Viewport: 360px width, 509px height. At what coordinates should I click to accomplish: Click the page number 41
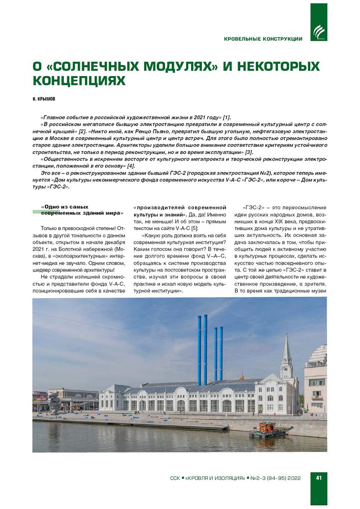(x=318, y=478)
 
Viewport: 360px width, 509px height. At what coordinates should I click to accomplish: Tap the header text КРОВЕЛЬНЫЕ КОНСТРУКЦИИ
(x=263, y=39)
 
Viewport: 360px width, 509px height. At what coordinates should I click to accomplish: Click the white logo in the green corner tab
(x=318, y=32)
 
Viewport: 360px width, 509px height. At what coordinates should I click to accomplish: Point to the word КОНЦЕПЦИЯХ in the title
(x=79, y=80)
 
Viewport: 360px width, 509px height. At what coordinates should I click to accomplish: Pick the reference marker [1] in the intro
(x=227, y=118)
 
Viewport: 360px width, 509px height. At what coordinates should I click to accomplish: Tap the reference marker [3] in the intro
(x=249, y=152)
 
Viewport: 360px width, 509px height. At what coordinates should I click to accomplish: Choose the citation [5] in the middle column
(x=194, y=229)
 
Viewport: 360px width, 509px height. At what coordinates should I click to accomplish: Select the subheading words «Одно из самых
(x=65, y=207)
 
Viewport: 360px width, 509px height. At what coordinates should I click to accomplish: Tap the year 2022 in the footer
(x=294, y=478)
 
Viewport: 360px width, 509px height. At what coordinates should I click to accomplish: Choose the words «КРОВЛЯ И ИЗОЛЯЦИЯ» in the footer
(x=215, y=478)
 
